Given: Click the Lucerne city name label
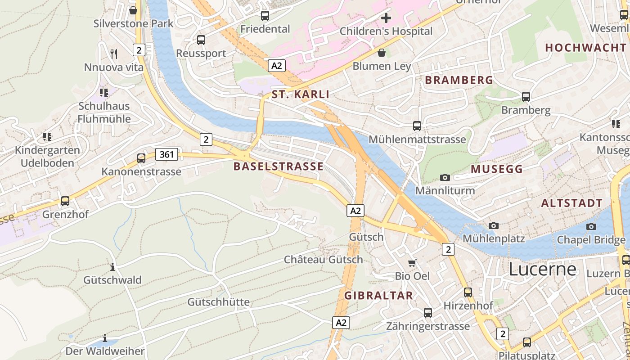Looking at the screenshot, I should point(542,269).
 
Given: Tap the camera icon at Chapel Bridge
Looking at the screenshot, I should point(591,226).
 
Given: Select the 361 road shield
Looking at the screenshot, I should point(166,155).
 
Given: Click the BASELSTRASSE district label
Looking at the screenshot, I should point(278,166).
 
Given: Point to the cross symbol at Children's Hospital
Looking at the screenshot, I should point(386,18).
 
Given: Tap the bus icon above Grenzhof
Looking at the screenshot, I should point(65,201).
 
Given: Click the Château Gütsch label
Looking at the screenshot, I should point(323,260).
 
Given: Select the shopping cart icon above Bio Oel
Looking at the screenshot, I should point(412,263).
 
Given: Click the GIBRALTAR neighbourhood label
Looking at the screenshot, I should point(378,296).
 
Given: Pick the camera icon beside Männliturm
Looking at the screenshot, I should point(445,177).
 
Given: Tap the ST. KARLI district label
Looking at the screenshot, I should point(300,94).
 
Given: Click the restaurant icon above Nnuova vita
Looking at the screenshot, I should point(114,54).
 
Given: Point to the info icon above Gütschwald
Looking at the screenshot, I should point(112,267).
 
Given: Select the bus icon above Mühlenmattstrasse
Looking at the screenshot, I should point(417,126).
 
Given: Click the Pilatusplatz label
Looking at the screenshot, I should point(526,355).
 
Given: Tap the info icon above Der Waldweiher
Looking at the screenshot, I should point(105,338).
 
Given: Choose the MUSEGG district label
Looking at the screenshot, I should point(496,169).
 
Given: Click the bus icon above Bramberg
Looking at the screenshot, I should point(526,96).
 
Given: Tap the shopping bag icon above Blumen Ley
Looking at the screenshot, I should point(382,53).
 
